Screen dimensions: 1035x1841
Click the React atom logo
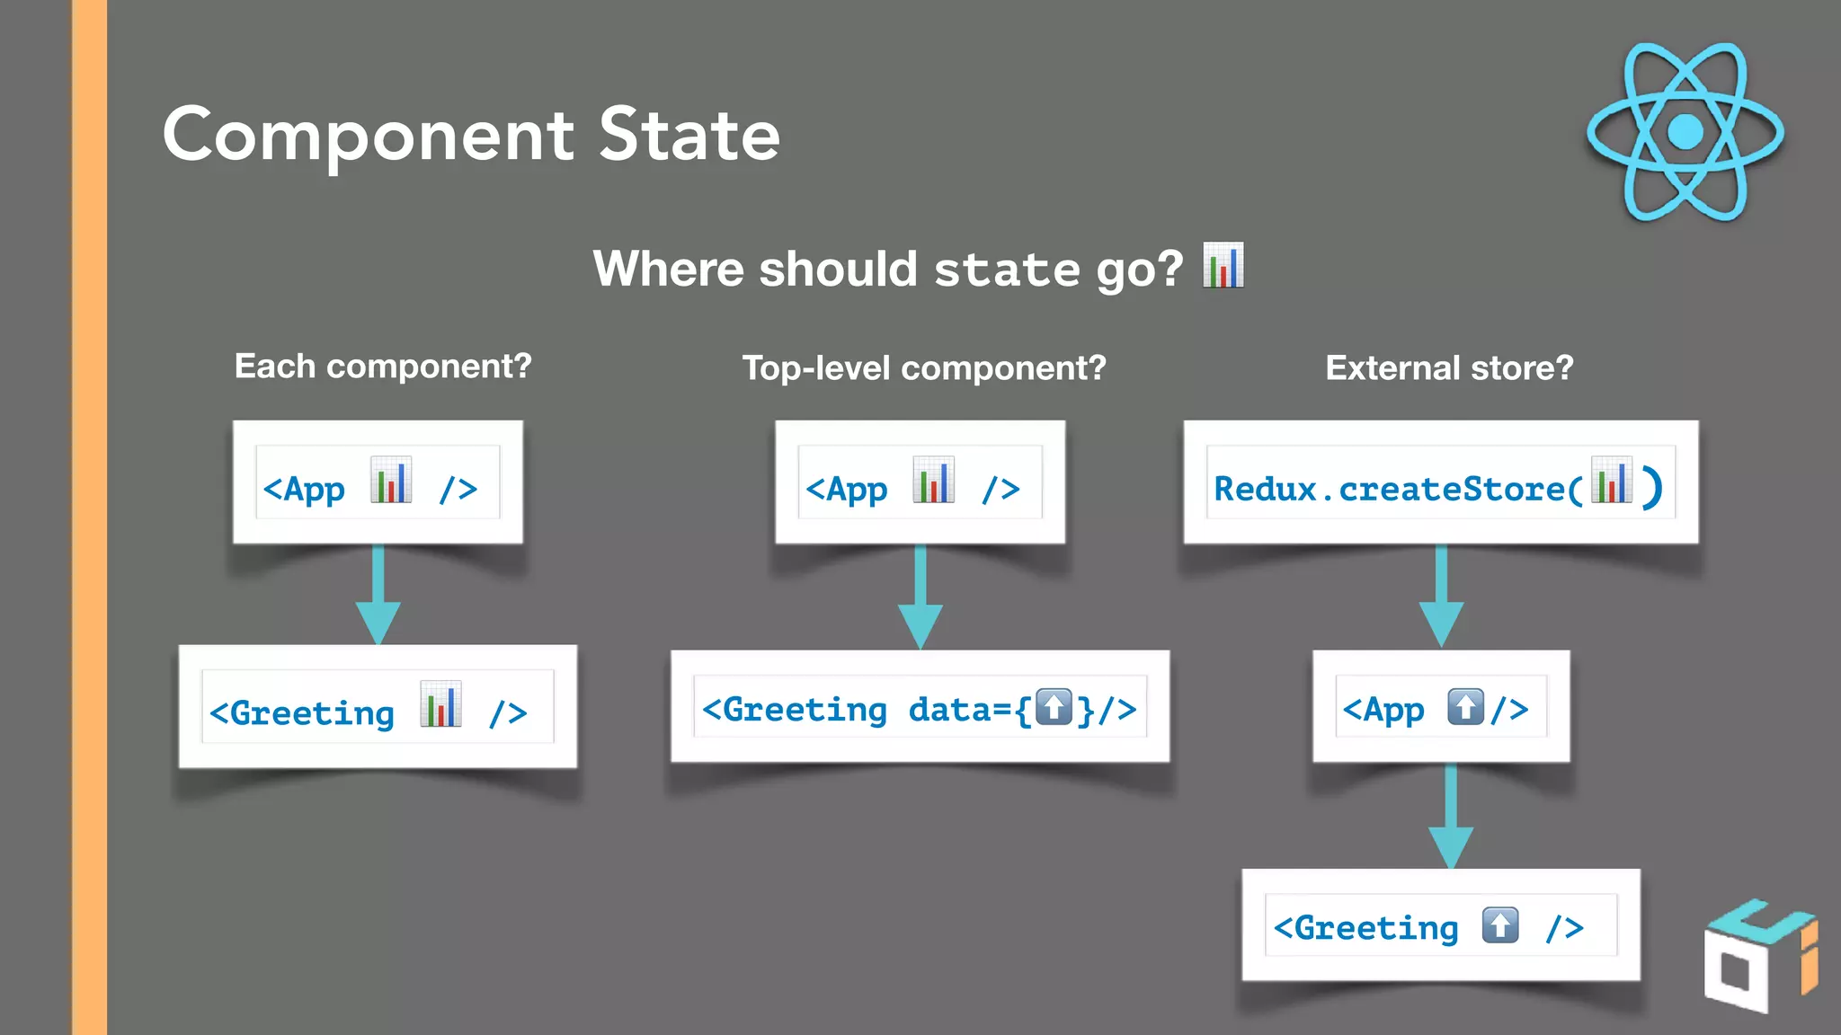[1685, 131]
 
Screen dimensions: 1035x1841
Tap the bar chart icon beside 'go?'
[1223, 266]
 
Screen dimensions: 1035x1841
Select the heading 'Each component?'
[383, 367]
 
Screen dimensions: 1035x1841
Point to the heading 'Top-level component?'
[924, 368]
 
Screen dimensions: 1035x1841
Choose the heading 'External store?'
[1449, 368]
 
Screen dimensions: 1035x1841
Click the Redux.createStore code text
[1398, 490]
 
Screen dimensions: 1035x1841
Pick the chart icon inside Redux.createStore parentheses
[1611, 481]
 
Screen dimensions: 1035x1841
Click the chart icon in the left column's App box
[391, 481]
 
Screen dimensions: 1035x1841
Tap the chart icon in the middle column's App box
[933, 481]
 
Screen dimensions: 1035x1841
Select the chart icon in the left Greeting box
[440, 705]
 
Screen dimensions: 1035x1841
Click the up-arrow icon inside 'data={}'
[1054, 707]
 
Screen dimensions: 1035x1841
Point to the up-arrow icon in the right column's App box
[1465, 707]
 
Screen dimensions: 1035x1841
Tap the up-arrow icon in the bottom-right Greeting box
[1500, 925]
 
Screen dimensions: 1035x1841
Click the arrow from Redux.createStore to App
[1441, 597]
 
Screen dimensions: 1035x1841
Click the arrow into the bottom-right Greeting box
[1451, 817]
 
